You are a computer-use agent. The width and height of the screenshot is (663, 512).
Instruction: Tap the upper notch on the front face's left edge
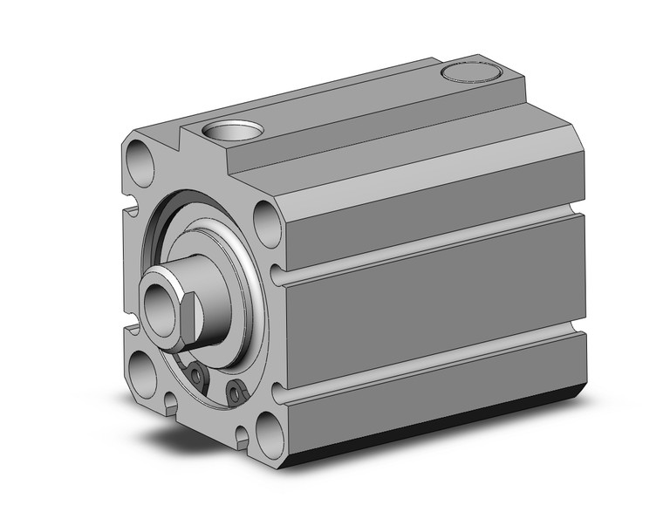pos(131,210)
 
